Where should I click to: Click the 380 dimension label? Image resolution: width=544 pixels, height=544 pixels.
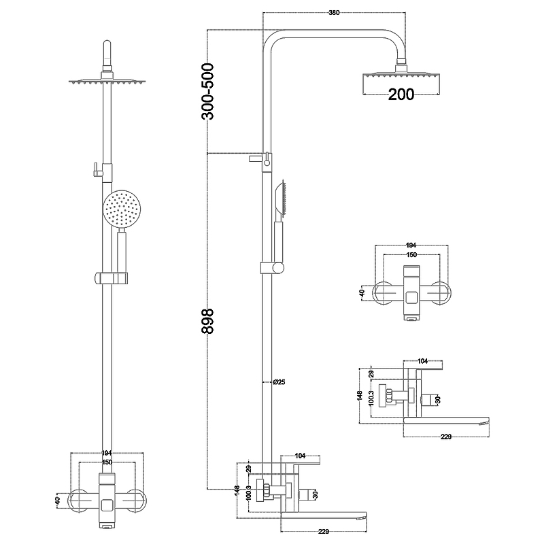point(335,12)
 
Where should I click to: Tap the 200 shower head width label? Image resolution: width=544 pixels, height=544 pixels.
point(401,95)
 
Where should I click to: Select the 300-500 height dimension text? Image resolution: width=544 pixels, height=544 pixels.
point(208,91)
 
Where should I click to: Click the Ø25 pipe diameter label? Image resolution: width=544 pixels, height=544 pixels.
point(278,382)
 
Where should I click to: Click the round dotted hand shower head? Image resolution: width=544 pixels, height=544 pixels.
point(122,209)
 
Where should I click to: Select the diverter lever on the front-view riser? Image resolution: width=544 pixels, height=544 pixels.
point(98,169)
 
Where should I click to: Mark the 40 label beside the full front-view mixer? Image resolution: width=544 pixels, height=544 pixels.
point(58,500)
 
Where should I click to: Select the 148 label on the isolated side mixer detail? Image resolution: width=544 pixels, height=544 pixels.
point(360,396)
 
